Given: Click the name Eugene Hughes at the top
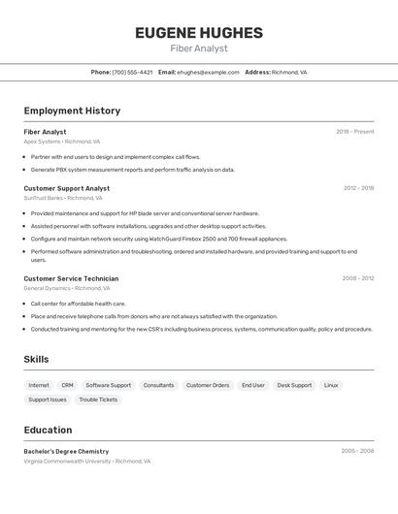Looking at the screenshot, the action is click(199, 32).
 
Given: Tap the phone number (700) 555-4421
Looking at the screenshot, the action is click(132, 72).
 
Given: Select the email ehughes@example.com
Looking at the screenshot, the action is click(208, 72).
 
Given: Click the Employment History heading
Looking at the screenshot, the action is click(72, 111).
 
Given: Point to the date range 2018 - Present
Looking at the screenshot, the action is click(354, 132).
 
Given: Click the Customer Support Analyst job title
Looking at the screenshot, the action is click(67, 188).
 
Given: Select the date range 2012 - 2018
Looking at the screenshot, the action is click(358, 188).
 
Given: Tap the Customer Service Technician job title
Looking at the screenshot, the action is click(71, 278).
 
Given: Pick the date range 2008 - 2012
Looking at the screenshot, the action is click(358, 278).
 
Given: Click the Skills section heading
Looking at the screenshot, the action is click(36, 360).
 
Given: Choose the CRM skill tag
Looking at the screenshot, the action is click(67, 385).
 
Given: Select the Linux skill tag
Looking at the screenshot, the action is click(331, 385).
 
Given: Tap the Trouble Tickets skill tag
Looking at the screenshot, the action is click(98, 400).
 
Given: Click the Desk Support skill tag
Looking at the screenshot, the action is click(294, 385).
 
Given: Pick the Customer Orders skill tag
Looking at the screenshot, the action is click(208, 385).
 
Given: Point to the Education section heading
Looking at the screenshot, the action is click(48, 430).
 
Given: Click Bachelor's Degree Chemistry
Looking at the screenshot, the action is click(66, 451).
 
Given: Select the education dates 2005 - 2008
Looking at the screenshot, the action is click(357, 451).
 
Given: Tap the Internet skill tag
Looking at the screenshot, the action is click(39, 385).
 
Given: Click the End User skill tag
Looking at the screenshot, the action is click(253, 385).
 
